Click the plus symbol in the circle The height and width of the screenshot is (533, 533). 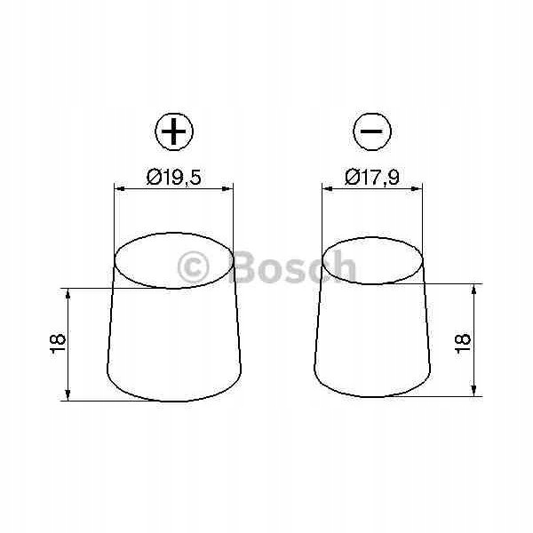click(174, 133)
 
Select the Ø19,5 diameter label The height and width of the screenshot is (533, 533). click(174, 176)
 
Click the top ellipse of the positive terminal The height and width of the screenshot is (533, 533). click(174, 261)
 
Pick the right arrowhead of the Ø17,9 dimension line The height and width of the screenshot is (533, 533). click(420, 187)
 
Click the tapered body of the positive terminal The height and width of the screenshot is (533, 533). click(174, 342)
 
